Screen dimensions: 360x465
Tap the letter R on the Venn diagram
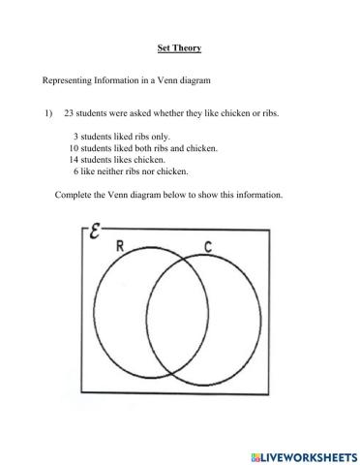[x=119, y=246]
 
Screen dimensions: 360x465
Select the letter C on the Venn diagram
[x=207, y=246]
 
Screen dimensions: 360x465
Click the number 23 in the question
[x=71, y=113]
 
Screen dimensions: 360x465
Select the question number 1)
[x=47, y=113]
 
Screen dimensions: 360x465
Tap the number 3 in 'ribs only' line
[x=75, y=137]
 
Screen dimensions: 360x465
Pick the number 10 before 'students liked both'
[x=74, y=148]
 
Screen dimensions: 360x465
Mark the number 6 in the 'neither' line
[x=75, y=171]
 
